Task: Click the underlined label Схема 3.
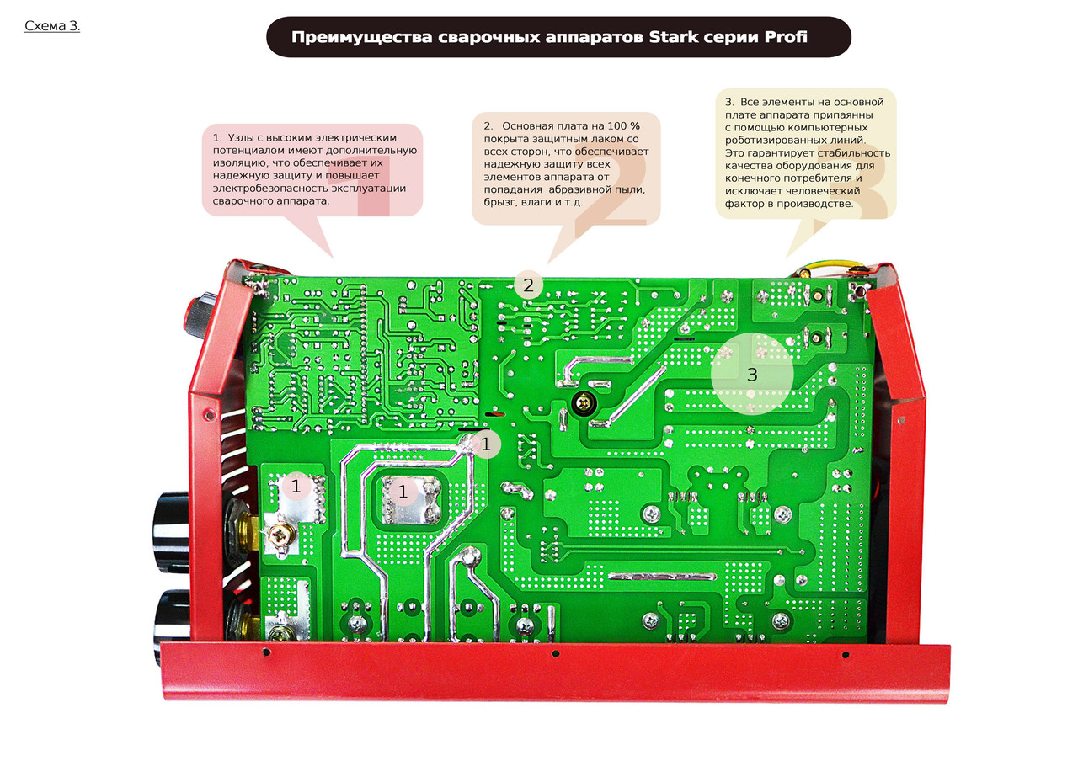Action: point(52,26)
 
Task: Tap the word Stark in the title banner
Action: point(673,37)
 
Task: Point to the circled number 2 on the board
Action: point(528,285)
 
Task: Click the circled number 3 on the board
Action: point(752,375)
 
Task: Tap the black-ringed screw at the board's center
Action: point(584,403)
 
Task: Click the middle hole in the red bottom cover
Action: point(555,654)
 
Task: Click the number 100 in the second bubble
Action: point(617,126)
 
